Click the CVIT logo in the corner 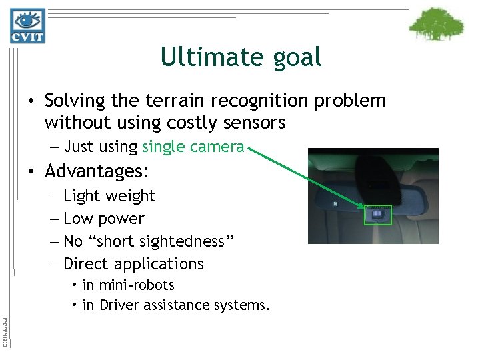click(28, 26)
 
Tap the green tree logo click(436, 25)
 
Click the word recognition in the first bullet click(261, 101)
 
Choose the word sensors click(253, 123)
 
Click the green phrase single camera click(193, 147)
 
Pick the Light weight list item click(109, 196)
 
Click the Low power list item click(103, 219)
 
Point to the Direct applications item click(133, 264)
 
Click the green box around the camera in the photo click(378, 215)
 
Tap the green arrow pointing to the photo click(307, 176)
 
